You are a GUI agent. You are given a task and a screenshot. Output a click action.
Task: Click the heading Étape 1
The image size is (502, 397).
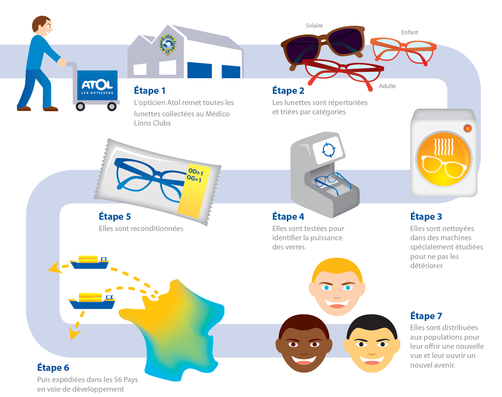(149, 91)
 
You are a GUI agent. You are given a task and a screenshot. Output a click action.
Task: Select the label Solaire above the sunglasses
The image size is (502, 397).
(314, 25)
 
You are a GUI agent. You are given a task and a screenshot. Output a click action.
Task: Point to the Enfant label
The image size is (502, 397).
(410, 32)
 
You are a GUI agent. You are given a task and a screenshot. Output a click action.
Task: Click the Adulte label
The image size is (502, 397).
(387, 86)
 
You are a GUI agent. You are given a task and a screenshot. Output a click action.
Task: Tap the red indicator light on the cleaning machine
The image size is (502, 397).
(467, 128)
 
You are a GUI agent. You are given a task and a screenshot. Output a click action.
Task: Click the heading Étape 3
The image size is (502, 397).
(426, 217)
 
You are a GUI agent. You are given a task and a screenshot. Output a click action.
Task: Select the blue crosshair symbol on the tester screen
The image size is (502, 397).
(328, 150)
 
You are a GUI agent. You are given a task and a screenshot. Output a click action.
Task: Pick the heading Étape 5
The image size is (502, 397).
(115, 217)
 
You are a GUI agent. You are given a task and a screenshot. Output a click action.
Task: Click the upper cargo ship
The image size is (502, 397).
(89, 262)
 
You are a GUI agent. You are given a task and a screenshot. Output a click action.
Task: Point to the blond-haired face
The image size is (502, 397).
(337, 287)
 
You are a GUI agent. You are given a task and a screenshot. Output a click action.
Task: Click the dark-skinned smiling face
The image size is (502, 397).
(304, 343)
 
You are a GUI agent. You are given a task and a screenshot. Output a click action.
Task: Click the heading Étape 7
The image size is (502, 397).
(426, 316)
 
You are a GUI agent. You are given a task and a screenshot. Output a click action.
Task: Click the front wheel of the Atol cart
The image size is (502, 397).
(112, 106)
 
